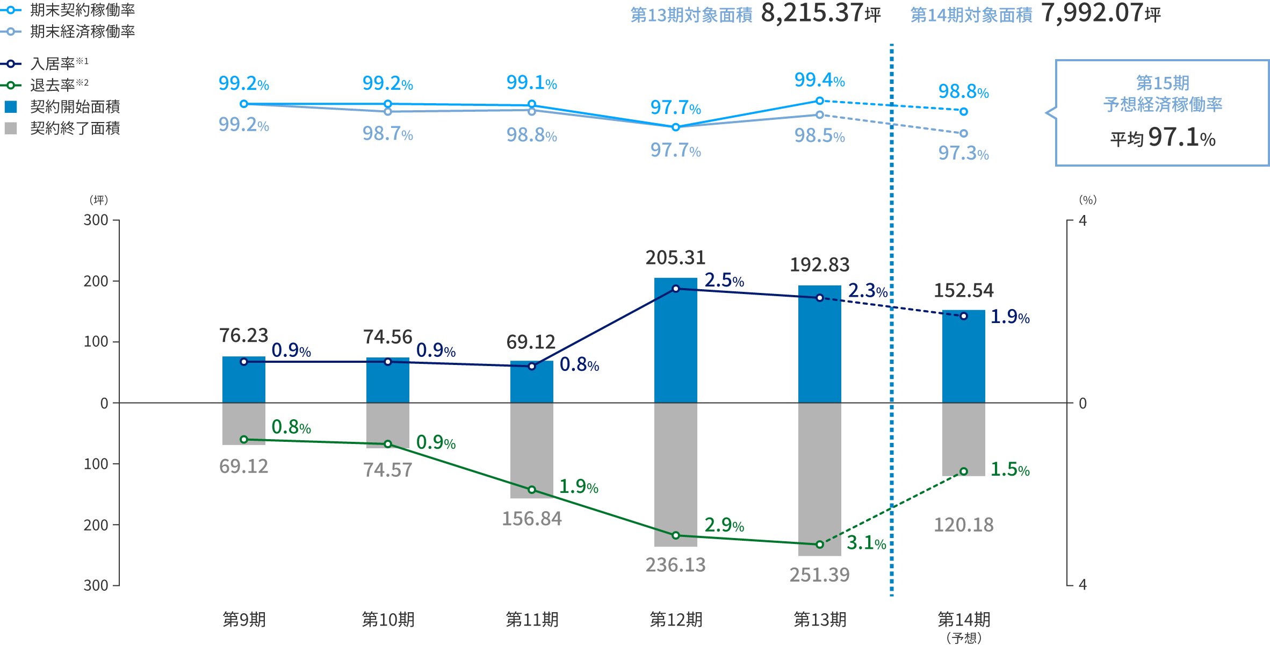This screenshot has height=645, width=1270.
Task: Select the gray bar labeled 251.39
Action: coord(819,478)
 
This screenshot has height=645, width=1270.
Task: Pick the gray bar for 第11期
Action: coord(531,449)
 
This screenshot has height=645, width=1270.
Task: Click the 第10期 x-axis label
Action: coord(388,620)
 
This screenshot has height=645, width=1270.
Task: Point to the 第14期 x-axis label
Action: coord(964,620)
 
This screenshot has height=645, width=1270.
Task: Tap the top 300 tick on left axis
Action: coord(96,220)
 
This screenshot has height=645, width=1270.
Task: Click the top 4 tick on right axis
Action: coord(1083,220)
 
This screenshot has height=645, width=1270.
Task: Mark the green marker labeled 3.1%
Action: coord(820,544)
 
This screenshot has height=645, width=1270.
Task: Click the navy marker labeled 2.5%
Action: coord(676,289)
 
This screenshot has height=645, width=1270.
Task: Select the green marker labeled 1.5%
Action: coord(964,471)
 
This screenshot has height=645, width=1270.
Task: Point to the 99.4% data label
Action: coord(819,81)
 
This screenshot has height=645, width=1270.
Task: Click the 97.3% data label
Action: coord(963,154)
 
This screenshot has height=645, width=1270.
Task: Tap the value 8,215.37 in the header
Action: coord(812,13)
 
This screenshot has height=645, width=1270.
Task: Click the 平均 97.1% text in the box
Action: coord(1163,138)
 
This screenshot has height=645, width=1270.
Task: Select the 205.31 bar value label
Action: coord(676,258)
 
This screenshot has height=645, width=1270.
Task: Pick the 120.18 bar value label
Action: coord(964,525)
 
